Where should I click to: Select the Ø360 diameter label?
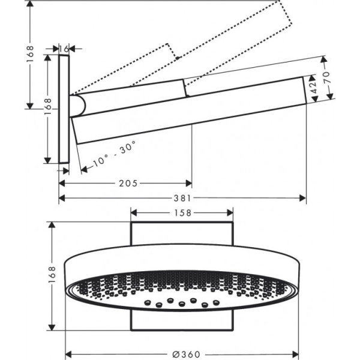[182, 353]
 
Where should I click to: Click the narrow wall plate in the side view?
[64, 108]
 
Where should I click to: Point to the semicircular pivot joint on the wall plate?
[78, 106]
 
